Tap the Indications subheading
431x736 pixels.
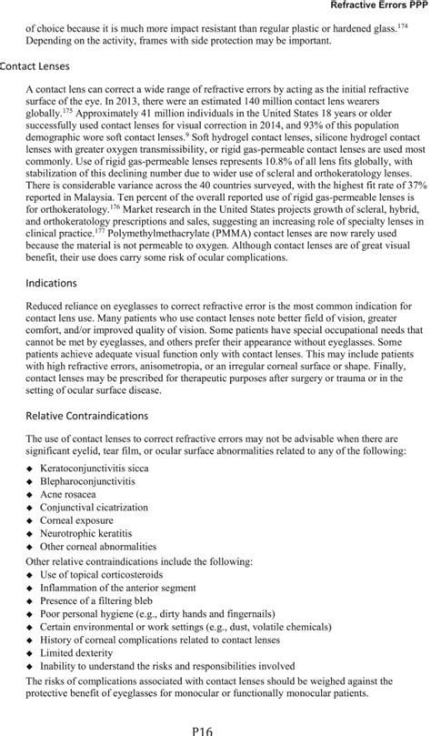[57, 283]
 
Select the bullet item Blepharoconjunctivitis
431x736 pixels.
[93, 483]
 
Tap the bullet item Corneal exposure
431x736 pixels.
[81, 530]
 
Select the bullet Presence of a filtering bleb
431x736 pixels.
[101, 595]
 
